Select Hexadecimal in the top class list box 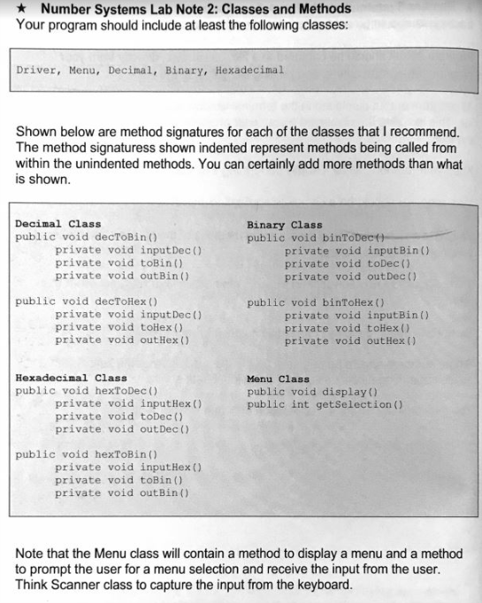coord(249,70)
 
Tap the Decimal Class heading coord(58,225)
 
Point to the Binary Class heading coord(285,225)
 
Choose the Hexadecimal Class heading coord(71,378)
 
